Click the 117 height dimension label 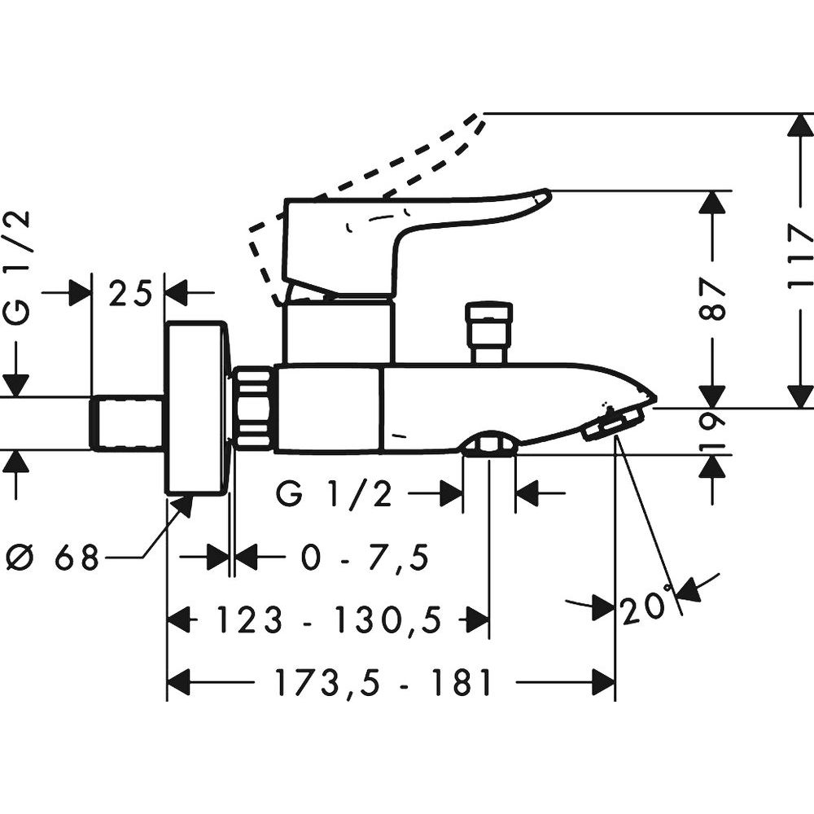click(x=800, y=256)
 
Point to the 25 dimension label click(x=129, y=293)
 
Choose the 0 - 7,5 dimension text click(x=365, y=558)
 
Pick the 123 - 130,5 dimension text click(x=329, y=619)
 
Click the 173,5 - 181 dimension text click(x=383, y=682)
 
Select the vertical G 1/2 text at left click(x=20, y=268)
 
